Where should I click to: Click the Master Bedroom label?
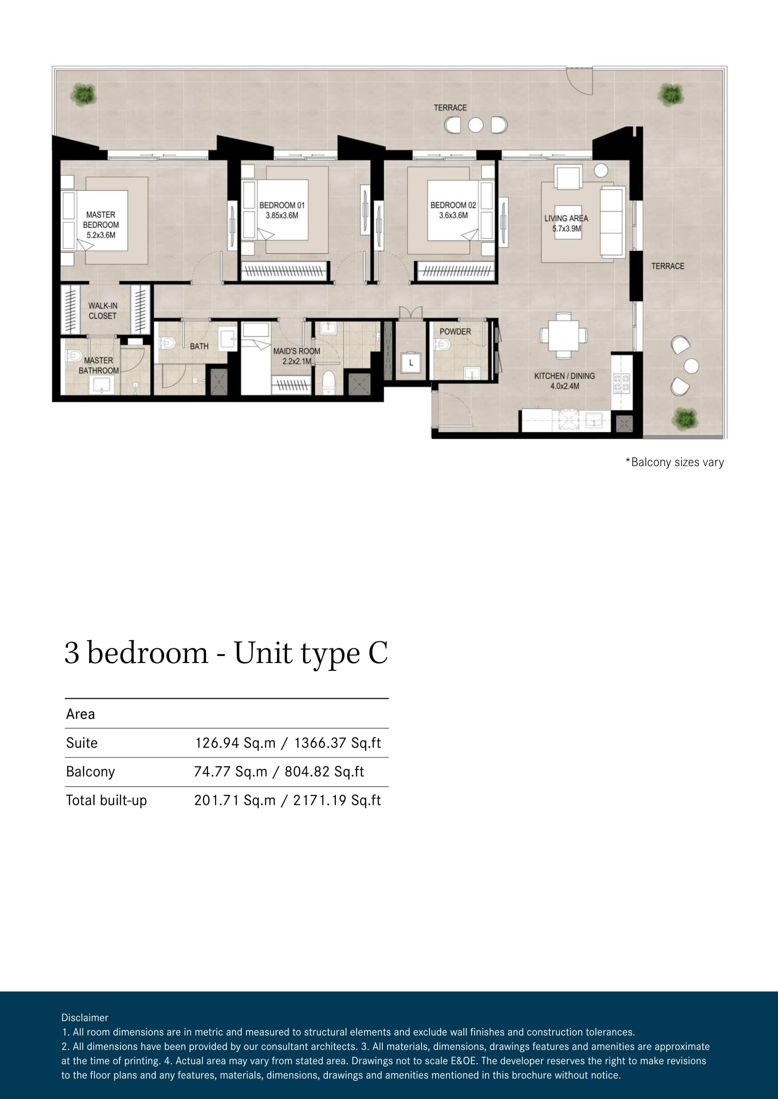(101, 220)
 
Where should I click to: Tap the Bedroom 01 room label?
(282, 205)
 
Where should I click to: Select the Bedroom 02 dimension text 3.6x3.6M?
(453, 215)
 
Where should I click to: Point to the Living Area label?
(566, 218)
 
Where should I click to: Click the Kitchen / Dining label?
(564, 376)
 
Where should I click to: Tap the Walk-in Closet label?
(103, 311)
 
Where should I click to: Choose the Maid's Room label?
(296, 351)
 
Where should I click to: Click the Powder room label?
(455, 331)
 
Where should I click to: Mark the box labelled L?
(411, 363)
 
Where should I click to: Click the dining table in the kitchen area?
(564, 335)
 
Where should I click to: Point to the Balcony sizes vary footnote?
(675, 462)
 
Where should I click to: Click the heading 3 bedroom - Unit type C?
(226, 654)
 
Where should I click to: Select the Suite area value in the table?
(287, 743)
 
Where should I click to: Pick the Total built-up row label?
(106, 800)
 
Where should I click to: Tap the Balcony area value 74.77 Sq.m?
(230, 772)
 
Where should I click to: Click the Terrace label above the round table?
(450, 108)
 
